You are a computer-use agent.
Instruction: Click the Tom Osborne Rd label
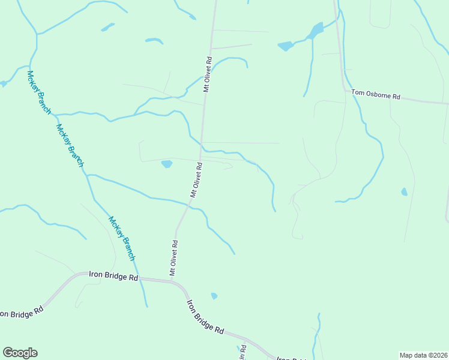click(x=376, y=94)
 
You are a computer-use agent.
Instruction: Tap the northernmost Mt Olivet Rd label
click(x=208, y=74)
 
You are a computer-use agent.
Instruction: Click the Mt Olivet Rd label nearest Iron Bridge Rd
click(x=173, y=258)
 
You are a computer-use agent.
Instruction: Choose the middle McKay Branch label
click(x=70, y=145)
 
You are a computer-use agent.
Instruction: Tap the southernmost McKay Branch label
click(x=121, y=238)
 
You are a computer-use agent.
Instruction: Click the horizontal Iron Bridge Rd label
click(x=113, y=275)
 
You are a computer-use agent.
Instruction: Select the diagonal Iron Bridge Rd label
click(x=205, y=317)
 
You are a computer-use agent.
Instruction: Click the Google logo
click(x=20, y=353)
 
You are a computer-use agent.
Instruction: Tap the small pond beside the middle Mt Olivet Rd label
click(x=167, y=164)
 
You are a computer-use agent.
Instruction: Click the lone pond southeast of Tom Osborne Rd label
click(x=404, y=192)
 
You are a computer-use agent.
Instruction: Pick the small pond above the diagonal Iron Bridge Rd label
click(x=214, y=296)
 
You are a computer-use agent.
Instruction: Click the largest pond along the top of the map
click(x=316, y=30)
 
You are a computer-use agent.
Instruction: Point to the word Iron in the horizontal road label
click(x=95, y=274)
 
